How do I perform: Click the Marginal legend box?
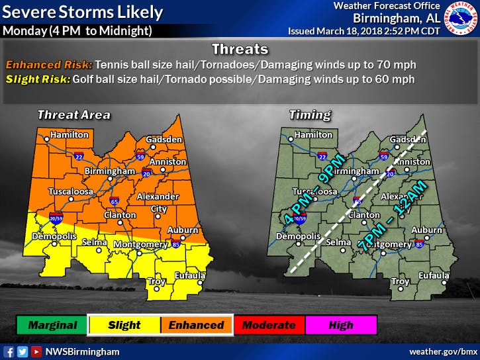point(52,325)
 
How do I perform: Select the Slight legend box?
point(124,325)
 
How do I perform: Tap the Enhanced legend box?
point(196,325)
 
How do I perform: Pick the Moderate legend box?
point(268,325)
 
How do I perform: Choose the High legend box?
point(340,325)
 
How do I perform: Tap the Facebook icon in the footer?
point(9,351)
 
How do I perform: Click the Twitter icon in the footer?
point(22,351)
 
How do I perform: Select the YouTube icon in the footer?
point(35,351)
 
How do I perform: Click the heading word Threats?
point(239,49)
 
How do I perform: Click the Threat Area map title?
point(73,115)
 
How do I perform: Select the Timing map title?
point(309,115)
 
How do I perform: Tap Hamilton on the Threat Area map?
point(66,134)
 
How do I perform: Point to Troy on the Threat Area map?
point(156,281)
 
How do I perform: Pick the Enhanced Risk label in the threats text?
point(48,66)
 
